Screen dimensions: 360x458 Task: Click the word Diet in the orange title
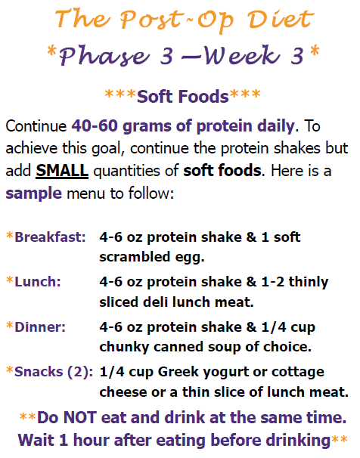pos(281,19)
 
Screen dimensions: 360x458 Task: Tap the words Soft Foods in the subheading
pos(182,97)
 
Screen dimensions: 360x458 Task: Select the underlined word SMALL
pos(62,170)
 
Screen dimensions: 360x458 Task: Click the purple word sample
pos(33,193)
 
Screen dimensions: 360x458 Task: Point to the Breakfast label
pos(50,237)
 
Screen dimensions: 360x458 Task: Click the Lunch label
pos(38,282)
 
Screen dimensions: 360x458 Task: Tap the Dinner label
pos(40,326)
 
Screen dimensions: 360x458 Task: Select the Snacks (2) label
pos(54,372)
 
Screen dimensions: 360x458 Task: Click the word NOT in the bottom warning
pos(79,417)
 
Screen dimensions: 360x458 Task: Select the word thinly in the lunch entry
pos(309,283)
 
